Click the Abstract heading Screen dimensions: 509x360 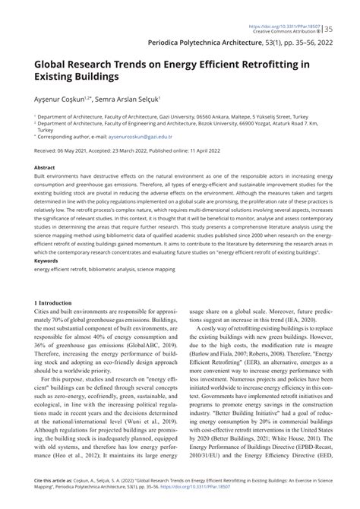coord(45,167)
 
